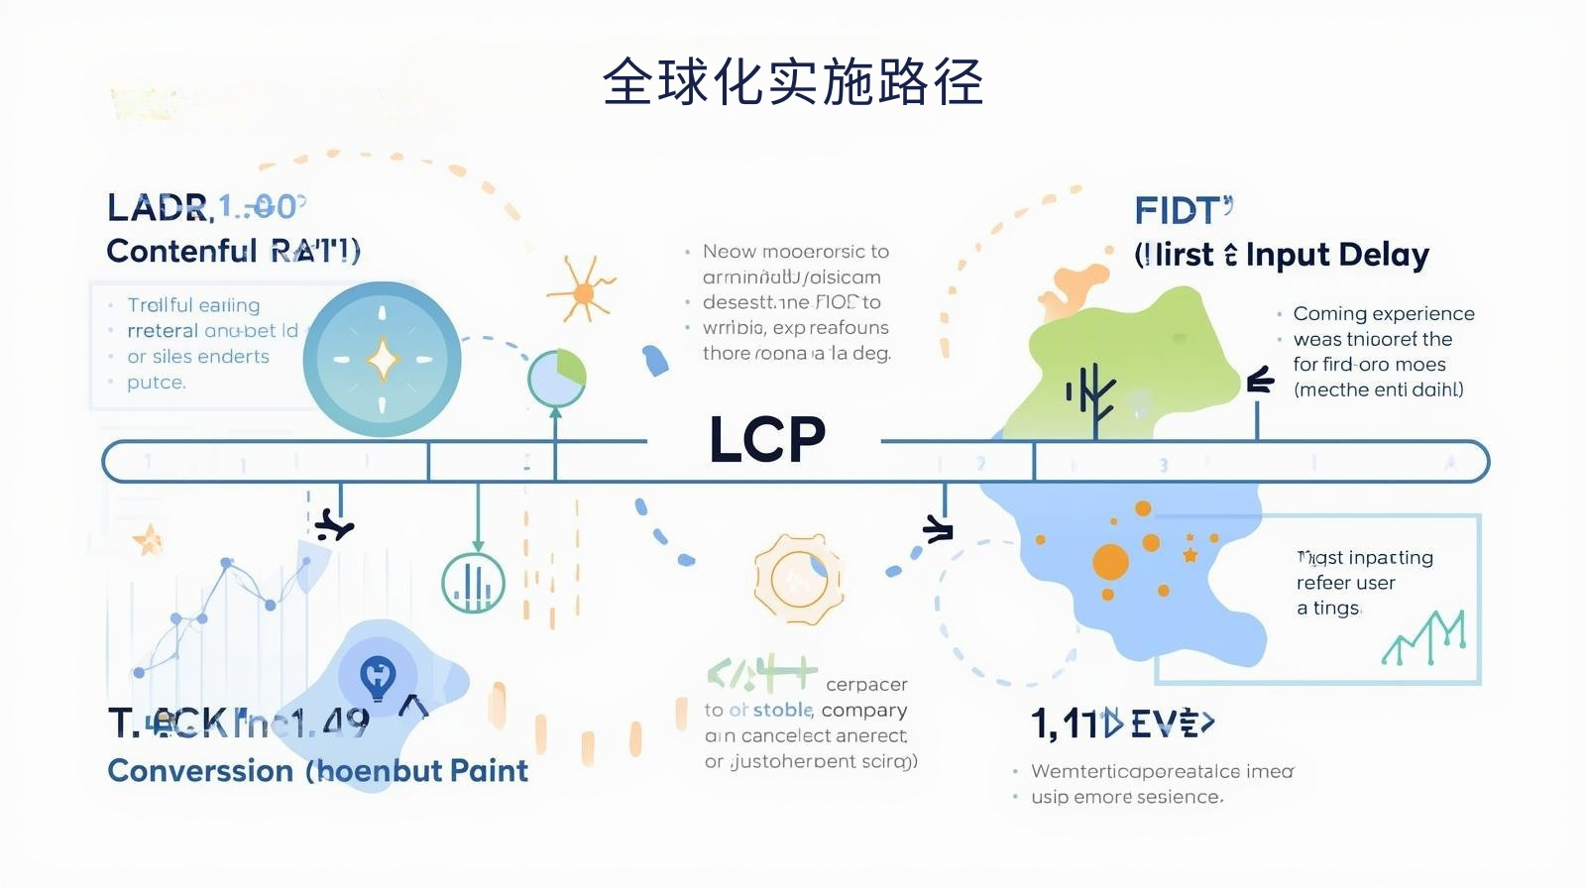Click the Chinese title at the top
793,81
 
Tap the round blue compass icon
383,360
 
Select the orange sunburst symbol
583,291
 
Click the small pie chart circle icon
557,378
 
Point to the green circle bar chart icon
473,583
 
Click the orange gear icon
798,579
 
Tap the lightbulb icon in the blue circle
377,678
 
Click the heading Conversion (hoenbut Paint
317,770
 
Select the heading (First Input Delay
1282,255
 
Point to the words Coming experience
1383,313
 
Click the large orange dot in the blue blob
1110,562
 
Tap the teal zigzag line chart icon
1423,639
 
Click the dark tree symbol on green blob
1092,393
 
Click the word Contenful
181,251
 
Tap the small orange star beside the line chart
149,540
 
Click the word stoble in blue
783,710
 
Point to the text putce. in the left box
156,382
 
